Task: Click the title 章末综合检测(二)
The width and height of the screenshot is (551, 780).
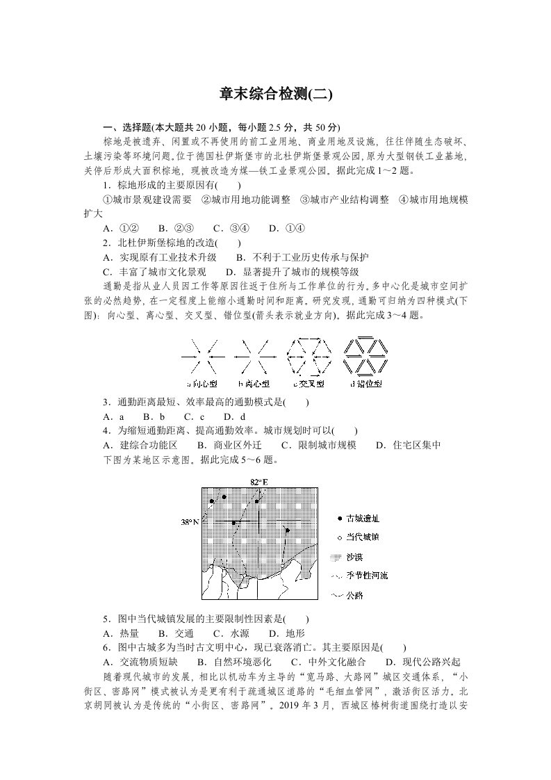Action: pos(276,95)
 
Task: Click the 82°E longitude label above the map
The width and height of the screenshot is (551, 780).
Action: pos(258,482)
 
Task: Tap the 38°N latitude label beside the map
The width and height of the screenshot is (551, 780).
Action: pos(190,521)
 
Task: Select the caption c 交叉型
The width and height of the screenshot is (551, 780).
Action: pos(310,383)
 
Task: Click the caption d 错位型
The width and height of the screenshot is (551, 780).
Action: pos(366,383)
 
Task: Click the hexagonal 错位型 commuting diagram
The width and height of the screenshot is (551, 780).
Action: pos(366,355)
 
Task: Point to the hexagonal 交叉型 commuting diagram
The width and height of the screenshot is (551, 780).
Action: pos(310,355)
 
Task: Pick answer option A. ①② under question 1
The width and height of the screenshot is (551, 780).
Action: pos(121,228)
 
